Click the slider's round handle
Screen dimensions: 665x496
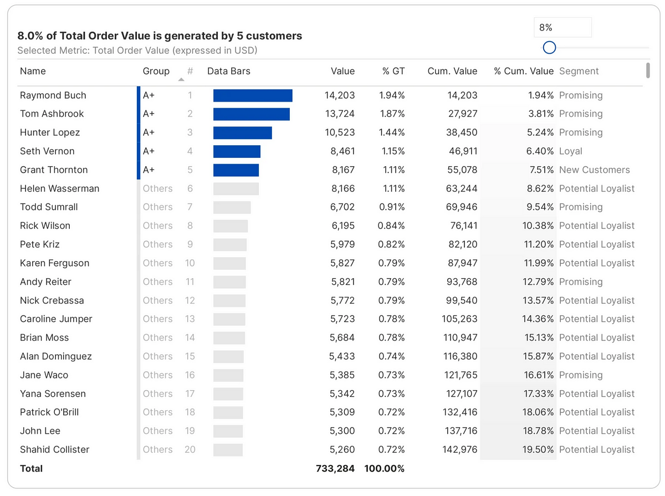(549, 48)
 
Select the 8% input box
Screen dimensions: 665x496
(562, 27)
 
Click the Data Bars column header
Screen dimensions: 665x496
(228, 71)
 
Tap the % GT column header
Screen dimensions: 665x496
(393, 71)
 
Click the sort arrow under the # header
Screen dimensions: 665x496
(181, 79)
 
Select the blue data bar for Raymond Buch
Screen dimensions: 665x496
(253, 95)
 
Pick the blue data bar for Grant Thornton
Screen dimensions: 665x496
(236, 170)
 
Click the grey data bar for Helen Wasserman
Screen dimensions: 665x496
(236, 189)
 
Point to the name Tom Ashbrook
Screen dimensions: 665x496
(52, 114)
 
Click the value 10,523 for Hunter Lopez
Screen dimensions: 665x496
(339, 132)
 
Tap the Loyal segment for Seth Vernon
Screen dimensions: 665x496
(570, 151)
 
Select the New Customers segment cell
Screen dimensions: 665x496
(594, 170)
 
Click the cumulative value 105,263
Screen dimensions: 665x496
(459, 319)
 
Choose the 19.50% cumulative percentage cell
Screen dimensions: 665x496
(538, 449)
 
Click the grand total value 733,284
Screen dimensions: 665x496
(335, 468)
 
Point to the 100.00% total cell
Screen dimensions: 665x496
(384, 468)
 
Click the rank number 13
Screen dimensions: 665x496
(190, 319)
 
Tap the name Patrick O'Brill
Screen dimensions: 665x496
(49, 412)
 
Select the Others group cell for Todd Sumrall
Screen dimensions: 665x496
(157, 207)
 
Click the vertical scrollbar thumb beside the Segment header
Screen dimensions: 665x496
(648, 70)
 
